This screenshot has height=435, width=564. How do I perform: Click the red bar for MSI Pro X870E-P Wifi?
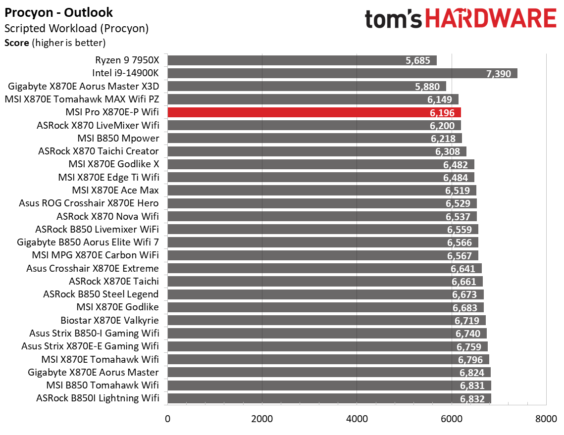(314, 112)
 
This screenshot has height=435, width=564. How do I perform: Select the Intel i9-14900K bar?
(342, 73)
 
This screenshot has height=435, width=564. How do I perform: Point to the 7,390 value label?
(499, 74)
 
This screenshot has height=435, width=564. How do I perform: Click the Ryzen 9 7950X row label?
(127, 60)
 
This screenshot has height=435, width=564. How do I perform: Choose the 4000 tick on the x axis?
(357, 419)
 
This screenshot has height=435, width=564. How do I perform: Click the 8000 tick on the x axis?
(546, 419)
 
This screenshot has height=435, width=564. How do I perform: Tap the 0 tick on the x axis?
(168, 419)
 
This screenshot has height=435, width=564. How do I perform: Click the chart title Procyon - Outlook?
(58, 12)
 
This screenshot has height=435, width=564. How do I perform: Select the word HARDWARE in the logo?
(490, 19)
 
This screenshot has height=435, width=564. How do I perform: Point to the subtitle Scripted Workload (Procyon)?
(76, 29)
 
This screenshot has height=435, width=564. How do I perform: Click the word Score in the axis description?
(17, 43)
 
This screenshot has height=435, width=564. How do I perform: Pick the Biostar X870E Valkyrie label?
(109, 320)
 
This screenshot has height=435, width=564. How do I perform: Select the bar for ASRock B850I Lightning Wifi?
(329, 398)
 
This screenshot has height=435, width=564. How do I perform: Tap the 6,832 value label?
(472, 399)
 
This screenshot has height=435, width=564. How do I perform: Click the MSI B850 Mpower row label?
(118, 138)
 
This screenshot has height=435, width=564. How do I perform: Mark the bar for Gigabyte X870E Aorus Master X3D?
(307, 86)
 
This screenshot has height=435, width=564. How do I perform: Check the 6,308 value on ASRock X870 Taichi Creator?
(448, 151)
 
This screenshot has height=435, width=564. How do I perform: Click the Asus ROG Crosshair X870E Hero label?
(89, 203)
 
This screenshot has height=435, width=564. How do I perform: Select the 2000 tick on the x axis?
(262, 419)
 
